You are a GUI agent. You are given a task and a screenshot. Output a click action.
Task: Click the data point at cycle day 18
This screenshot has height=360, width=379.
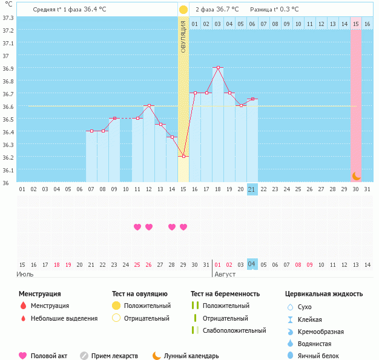(x=218, y=68)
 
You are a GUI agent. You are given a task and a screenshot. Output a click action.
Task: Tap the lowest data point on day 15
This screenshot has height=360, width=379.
(x=183, y=157)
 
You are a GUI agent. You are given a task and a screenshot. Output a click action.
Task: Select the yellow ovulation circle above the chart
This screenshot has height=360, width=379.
(x=183, y=10)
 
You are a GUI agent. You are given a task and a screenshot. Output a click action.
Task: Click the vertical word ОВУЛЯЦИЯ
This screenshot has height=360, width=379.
(x=183, y=36)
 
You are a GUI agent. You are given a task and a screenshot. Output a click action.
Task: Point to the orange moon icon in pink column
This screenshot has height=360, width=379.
(x=357, y=175)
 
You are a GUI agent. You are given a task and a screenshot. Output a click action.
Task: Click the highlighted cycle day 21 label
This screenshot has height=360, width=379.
(x=252, y=189)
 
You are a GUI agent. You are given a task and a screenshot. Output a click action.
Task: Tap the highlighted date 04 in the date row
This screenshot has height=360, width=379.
(x=252, y=264)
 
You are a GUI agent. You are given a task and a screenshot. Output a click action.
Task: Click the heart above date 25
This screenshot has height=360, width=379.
(x=137, y=227)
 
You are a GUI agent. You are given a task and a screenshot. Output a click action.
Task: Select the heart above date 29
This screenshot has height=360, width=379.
(x=183, y=227)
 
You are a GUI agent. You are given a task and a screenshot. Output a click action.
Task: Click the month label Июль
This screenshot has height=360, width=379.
(x=25, y=274)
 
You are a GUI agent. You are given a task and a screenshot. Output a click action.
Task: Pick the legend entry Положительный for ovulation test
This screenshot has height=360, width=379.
(x=147, y=306)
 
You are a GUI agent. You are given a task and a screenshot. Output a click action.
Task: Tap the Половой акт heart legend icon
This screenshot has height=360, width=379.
(x=23, y=356)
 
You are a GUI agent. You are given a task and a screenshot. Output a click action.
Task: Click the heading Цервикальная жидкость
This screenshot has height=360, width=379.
(x=324, y=293)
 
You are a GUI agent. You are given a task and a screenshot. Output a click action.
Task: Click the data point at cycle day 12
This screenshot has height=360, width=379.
(x=149, y=106)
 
